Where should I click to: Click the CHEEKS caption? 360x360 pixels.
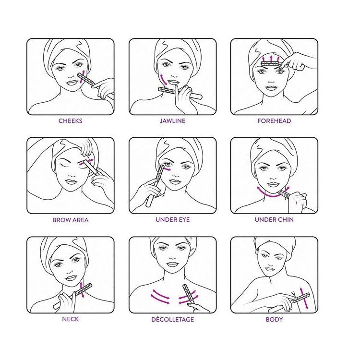[x=71, y=121]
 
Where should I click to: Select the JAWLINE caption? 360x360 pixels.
[x=172, y=121]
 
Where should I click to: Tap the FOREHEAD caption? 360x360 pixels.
[x=274, y=121]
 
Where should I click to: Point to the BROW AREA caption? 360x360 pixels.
[x=71, y=220]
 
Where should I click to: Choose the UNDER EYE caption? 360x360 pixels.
[x=172, y=220]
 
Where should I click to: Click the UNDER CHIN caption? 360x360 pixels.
[x=274, y=220]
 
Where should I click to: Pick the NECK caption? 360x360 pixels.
[x=71, y=319]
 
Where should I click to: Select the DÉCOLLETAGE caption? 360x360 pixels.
[x=172, y=319]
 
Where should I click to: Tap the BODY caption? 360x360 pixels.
[x=274, y=319]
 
